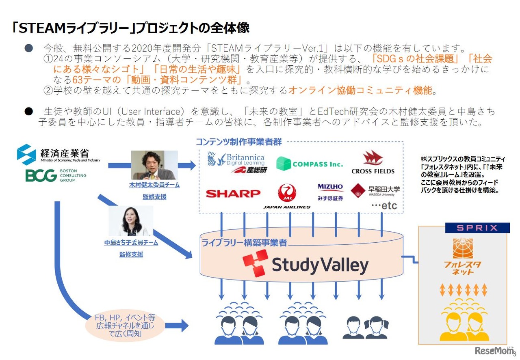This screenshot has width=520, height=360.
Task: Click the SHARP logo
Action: pos(233,194)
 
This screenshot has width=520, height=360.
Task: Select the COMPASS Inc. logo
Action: pos(310,164)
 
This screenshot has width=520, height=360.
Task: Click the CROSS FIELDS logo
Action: pos(373,162)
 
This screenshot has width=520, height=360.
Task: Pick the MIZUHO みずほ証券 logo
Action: pos(330,192)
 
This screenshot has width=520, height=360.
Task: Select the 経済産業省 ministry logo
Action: pos(58,155)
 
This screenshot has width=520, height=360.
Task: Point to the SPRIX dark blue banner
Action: pos(477,228)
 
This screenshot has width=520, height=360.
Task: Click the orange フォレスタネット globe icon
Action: pos(463,248)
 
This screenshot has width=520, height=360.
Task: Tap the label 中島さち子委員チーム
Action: pos(131,243)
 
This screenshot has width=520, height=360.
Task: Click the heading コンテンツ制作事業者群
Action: pos(238,142)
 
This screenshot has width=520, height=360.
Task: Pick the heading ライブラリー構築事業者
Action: pos(244,243)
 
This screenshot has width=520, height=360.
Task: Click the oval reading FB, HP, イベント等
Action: pos(125,326)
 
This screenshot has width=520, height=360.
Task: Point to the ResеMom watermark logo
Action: pos(494,350)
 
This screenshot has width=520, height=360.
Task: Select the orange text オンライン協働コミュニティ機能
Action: pos(360,90)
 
